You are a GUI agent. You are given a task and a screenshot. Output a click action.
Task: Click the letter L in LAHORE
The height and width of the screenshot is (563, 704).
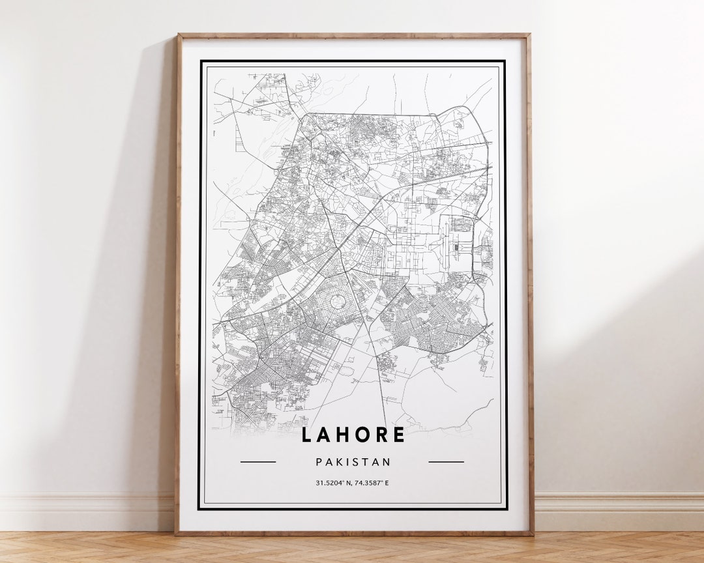(306, 435)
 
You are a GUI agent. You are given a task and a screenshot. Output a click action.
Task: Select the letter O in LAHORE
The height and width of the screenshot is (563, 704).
(361, 435)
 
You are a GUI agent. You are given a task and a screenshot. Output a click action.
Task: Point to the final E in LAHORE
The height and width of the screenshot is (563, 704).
(399, 435)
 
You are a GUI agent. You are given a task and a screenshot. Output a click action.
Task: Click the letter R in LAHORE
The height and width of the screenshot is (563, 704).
(381, 435)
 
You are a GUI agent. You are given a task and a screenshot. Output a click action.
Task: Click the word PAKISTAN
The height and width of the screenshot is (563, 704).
(353, 462)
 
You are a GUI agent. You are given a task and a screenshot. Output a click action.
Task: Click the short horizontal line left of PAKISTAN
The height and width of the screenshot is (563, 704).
(258, 462)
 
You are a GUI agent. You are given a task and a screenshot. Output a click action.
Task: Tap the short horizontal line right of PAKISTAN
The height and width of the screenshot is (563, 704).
(447, 462)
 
